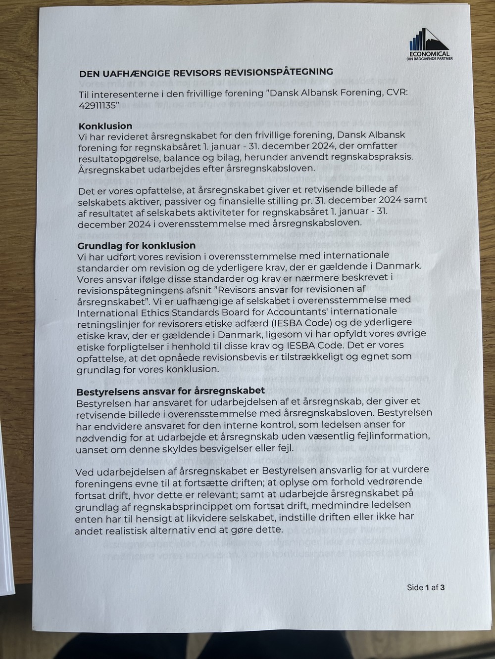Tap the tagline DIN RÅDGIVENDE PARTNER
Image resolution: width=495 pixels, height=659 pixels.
429,59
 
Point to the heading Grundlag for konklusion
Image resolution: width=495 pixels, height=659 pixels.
137,245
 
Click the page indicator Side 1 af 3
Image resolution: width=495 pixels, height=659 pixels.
426,588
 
